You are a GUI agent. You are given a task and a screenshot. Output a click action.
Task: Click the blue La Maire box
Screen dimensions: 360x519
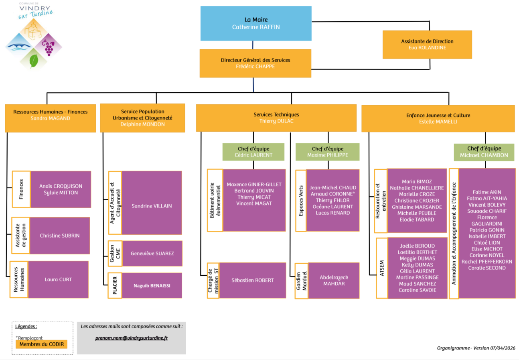pyautogui.click(x=256, y=23)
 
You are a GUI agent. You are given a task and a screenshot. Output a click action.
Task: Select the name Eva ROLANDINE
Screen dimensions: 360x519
pyautogui.click(x=427, y=48)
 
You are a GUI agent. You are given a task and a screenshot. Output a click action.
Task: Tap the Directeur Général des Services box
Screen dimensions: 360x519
pyautogui.click(x=255, y=63)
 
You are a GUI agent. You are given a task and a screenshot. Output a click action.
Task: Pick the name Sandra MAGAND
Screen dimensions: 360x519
pyautogui.click(x=50, y=118)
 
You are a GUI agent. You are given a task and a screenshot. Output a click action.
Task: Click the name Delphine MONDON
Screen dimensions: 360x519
pyautogui.click(x=142, y=124)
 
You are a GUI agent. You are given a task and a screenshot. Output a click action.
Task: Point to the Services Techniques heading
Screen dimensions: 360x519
pyautogui.click(x=276, y=114)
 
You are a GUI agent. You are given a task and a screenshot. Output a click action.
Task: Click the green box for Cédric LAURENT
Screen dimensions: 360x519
pyautogui.click(x=253, y=152)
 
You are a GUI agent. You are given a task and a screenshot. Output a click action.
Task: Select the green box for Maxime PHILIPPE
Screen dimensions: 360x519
pyautogui.click(x=327, y=152)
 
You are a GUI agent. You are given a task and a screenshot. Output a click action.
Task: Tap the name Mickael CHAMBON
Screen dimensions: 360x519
pyautogui.click(x=484, y=155)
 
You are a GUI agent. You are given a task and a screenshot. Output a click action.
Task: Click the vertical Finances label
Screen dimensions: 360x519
pyautogui.click(x=22, y=189)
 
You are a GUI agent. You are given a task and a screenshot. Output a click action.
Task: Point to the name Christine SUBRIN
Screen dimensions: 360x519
pyautogui.click(x=59, y=236)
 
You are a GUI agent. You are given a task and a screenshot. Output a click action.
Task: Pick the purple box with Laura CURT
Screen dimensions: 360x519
pyautogui.click(x=58, y=279)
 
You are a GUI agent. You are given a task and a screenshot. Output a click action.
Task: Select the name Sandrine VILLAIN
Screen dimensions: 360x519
pyautogui.click(x=152, y=206)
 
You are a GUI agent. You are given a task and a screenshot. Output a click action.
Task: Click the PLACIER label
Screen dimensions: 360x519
pyautogui.click(x=115, y=285)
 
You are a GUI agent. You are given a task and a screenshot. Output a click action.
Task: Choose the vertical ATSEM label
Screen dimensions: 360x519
pyautogui.click(x=381, y=268)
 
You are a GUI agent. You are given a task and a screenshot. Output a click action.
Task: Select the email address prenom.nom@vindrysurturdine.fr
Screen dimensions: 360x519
pyautogui.click(x=132, y=338)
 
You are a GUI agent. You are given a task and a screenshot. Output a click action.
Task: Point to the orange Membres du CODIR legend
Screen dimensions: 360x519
pyautogui.click(x=41, y=344)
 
